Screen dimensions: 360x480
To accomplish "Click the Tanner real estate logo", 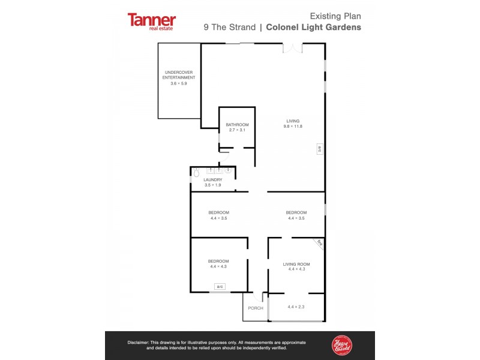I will coord(152,21).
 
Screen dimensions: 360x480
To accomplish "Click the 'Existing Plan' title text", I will coord(335,16).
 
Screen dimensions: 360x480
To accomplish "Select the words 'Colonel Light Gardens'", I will coord(313,27).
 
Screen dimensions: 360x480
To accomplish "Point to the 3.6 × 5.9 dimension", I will coord(179,83).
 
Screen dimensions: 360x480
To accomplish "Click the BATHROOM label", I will coord(237,125).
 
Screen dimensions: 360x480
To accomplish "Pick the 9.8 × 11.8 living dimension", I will coord(293,126).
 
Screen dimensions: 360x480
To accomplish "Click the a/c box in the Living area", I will coord(320,149).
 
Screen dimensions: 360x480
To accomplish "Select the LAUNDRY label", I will coord(213,179).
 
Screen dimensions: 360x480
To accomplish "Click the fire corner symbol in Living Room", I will coord(319,243).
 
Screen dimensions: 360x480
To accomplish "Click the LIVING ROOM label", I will coord(296,264).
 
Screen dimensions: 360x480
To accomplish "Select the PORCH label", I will coord(255,308).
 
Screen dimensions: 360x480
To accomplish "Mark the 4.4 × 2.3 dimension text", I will coord(296,307).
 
